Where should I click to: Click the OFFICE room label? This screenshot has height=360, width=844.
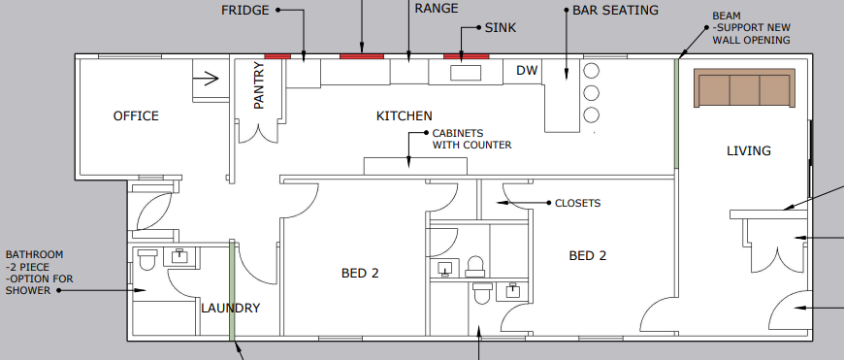point(135,116)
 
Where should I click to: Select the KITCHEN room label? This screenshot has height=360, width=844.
point(404,116)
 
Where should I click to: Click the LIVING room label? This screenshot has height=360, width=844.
point(749,150)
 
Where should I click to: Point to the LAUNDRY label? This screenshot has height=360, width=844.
point(231,309)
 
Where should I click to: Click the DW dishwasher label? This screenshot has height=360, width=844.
point(527,71)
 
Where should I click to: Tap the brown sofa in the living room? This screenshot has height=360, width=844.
point(744,87)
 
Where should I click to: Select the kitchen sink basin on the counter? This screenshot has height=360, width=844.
point(465,73)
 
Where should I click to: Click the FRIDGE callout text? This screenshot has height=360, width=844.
point(245,10)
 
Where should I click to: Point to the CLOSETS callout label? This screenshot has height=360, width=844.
point(577,204)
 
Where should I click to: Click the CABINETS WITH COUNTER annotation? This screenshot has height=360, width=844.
point(471,139)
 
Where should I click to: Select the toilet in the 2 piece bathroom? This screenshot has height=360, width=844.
point(147,259)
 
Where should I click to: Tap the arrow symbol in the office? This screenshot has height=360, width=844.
point(207,75)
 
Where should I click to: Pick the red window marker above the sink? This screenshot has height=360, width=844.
point(466,56)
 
